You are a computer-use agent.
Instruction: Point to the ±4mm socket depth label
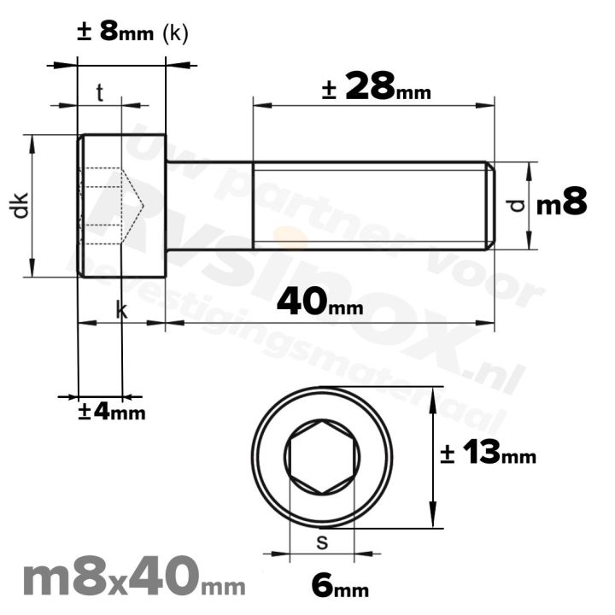111,412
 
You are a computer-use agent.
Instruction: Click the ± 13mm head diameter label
488,454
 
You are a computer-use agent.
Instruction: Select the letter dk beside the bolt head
20,205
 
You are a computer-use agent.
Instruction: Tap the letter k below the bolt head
121,312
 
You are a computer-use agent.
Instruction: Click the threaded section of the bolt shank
367,205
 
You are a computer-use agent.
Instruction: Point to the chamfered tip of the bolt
490,205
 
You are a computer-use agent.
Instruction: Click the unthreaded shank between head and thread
209,205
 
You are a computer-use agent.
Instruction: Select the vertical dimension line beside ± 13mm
435,458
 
